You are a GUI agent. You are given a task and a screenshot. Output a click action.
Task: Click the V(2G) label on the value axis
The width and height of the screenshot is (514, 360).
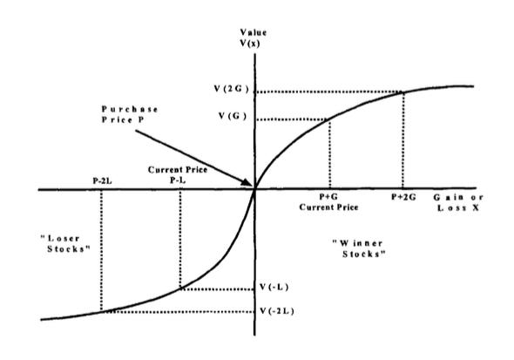pyautogui.click(x=232, y=89)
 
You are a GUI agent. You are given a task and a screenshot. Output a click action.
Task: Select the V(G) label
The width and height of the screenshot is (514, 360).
pyautogui.click(x=233, y=116)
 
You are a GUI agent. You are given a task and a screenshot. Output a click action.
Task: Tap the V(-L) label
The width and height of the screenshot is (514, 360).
pyautogui.click(x=274, y=287)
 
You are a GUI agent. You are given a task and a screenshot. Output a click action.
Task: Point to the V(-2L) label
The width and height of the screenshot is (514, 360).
pyautogui.click(x=277, y=311)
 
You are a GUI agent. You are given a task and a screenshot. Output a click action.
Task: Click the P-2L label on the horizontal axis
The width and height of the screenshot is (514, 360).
pyautogui.click(x=102, y=180)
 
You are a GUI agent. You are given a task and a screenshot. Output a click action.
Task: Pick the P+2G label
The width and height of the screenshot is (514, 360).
pyautogui.click(x=403, y=197)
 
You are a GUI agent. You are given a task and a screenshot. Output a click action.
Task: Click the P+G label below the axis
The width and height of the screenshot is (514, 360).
pyautogui.click(x=328, y=197)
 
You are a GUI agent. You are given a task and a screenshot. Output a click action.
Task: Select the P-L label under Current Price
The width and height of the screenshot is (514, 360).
pyautogui.click(x=178, y=180)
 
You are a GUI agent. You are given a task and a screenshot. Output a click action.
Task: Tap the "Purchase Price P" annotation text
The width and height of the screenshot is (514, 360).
pyautogui.click(x=130, y=114)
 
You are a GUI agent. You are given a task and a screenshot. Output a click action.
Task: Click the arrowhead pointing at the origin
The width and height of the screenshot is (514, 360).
pyautogui.click(x=248, y=182)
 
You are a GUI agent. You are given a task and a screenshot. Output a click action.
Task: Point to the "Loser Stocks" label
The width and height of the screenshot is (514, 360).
pyautogui.click(x=65, y=243)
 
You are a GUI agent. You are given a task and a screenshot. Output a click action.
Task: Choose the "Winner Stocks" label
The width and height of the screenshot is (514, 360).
pyautogui.click(x=359, y=248)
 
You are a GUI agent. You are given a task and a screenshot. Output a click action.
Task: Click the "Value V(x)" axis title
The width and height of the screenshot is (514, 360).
pyautogui.click(x=253, y=37)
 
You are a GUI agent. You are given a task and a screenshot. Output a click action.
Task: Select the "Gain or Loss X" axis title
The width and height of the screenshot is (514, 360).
pyautogui.click(x=458, y=202)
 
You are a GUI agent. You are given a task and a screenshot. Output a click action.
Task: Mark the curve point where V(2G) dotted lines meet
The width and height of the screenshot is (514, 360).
pyautogui.click(x=402, y=92)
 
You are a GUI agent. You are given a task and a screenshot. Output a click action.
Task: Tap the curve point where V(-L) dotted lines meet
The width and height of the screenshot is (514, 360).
pyautogui.click(x=180, y=289)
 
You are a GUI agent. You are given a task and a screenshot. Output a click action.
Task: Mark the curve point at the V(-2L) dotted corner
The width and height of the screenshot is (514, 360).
pyautogui.click(x=102, y=311)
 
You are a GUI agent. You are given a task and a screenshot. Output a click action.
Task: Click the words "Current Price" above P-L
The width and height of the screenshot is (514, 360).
pyautogui.click(x=178, y=170)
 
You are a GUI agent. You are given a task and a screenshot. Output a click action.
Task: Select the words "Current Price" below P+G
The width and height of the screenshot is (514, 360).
pyautogui.click(x=328, y=207)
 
